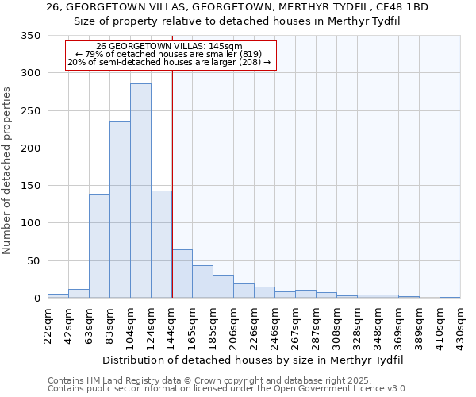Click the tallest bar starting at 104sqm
(x=140, y=191)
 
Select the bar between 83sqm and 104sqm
(x=120, y=210)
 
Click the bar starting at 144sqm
(x=182, y=274)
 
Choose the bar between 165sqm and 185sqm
(x=202, y=282)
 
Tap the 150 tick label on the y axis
(x=31, y=186)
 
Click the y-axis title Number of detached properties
(x=10, y=171)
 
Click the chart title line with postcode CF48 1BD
(x=237, y=7)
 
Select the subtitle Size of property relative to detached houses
(x=237, y=21)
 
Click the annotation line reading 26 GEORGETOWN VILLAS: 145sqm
(x=169, y=47)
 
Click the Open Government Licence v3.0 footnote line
(x=227, y=388)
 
